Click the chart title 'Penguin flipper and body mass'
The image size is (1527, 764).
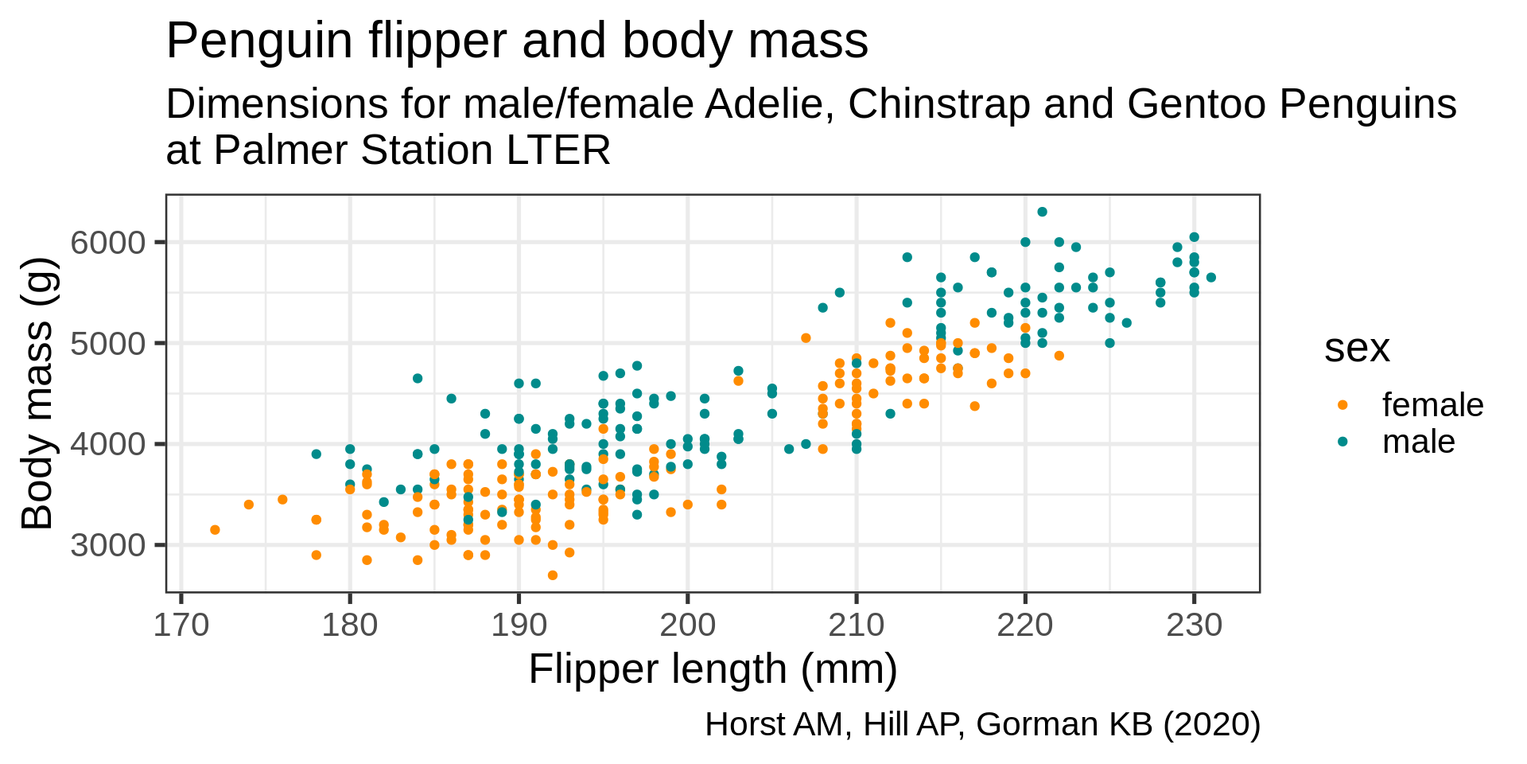tap(517, 41)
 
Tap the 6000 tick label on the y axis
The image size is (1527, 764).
tap(108, 242)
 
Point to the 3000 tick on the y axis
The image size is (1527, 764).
tap(108, 545)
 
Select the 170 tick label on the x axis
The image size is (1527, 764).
tap(181, 626)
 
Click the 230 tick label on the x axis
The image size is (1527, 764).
tap(1194, 626)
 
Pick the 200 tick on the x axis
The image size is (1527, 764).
tap(688, 626)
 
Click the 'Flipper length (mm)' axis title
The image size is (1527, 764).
tap(713, 669)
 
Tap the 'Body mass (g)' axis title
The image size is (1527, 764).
tap(37, 393)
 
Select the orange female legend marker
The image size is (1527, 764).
tap(1343, 405)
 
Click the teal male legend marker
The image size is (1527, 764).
tap(1343, 442)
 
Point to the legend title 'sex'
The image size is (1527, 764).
tap(1357, 348)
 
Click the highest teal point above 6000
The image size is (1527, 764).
tap(1042, 212)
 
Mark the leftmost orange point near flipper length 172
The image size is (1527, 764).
tap(215, 530)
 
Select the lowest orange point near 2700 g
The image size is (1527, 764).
tap(553, 575)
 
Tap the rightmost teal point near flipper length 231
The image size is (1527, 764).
tap(1210, 278)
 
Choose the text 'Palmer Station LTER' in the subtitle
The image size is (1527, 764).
tap(412, 150)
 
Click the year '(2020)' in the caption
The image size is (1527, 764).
tap(1212, 725)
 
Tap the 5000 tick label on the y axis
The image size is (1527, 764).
tap(108, 343)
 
